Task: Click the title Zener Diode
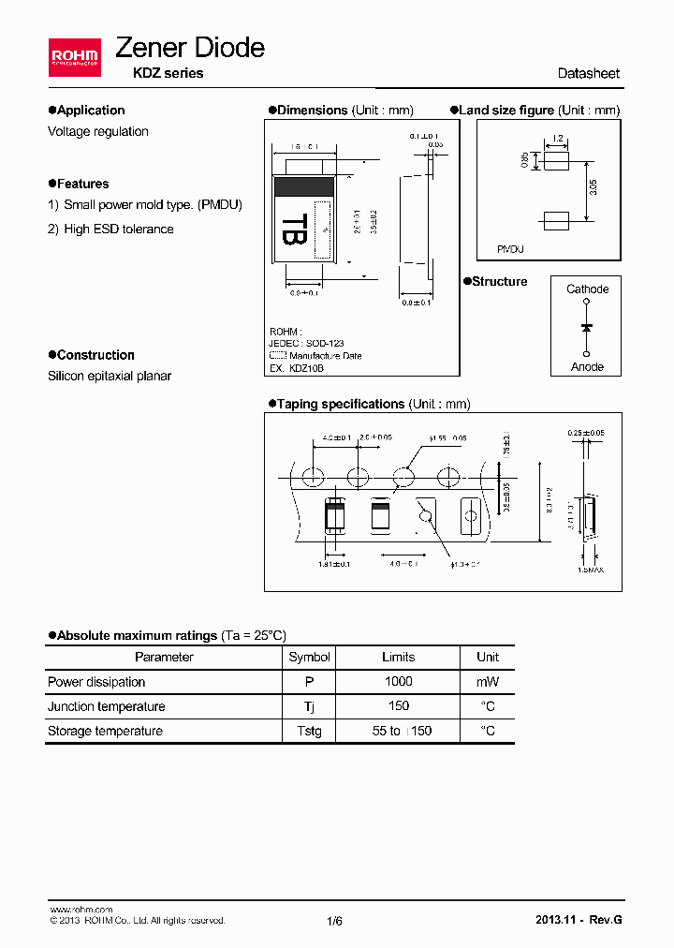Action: (x=189, y=48)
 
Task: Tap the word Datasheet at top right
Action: (x=588, y=73)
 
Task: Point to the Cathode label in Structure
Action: (x=587, y=289)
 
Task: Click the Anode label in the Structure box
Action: (x=587, y=367)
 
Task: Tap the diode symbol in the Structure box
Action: (x=587, y=328)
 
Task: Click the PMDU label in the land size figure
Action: (x=510, y=250)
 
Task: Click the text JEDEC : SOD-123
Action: (x=307, y=344)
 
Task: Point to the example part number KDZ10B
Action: (x=307, y=368)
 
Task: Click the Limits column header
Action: (x=398, y=658)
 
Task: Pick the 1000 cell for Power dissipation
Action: (x=398, y=682)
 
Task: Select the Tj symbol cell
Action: (x=309, y=706)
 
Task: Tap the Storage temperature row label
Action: (x=105, y=731)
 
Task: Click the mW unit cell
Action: (x=488, y=682)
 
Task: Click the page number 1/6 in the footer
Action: (x=335, y=921)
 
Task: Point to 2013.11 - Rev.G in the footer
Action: (x=579, y=920)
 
